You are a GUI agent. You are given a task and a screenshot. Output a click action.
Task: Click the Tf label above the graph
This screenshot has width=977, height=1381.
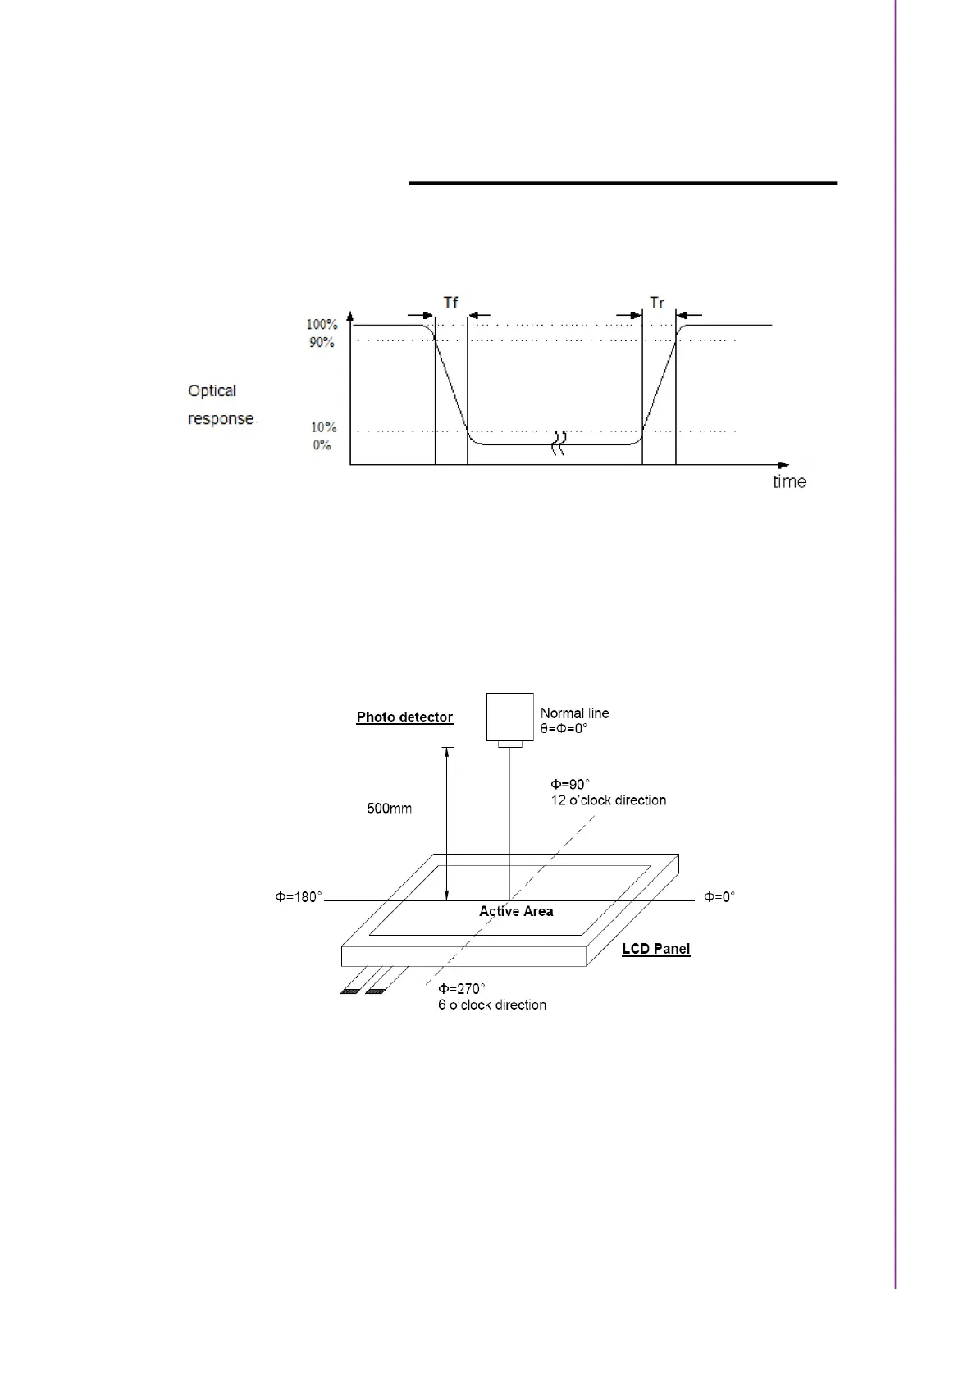450,303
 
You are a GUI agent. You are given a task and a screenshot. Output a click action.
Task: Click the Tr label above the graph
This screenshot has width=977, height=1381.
657,303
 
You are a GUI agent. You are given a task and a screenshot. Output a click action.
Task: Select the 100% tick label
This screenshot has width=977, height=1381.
322,325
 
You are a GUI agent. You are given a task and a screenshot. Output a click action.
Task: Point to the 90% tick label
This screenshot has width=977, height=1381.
322,343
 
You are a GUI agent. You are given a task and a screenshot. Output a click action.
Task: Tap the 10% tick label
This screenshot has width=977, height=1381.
322,427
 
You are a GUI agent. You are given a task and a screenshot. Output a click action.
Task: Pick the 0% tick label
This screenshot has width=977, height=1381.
322,445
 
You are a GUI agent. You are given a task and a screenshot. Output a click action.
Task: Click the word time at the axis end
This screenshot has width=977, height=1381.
789,482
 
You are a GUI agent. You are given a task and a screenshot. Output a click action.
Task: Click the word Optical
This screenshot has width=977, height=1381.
212,391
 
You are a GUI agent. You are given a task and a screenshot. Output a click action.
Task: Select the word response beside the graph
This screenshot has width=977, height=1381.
221,419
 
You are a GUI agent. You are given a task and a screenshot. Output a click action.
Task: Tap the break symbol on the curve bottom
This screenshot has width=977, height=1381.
559,442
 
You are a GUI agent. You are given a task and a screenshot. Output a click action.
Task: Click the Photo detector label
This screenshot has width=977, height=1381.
404,718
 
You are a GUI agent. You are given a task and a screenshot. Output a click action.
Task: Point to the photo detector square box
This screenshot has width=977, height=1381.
510,717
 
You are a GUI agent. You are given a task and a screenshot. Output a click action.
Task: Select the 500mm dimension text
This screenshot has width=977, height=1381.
389,809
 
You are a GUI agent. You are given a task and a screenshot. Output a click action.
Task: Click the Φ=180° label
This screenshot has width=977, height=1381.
299,897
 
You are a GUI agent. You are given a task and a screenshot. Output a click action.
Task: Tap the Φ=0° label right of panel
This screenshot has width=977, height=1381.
719,897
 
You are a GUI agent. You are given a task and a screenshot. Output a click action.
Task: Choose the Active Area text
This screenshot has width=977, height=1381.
516,911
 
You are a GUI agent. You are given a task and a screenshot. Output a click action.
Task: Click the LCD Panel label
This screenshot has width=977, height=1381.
655,949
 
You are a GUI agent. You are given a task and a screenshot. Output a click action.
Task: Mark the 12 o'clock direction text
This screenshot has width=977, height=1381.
609,800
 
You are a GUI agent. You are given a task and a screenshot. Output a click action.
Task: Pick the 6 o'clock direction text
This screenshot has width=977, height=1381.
492,1005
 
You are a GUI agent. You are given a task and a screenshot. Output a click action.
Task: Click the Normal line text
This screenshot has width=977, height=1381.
574,713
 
